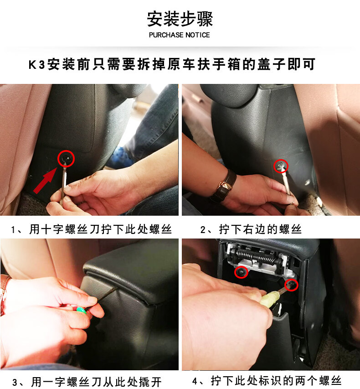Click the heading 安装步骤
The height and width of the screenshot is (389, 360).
[x=180, y=19]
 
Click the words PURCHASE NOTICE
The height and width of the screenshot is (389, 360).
[x=179, y=35]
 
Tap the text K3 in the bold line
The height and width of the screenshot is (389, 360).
[x=37, y=64]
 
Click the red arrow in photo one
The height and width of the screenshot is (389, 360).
[x=45, y=181]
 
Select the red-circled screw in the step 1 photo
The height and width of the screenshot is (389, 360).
[x=66, y=159]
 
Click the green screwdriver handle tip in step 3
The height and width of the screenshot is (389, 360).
[x=81, y=310]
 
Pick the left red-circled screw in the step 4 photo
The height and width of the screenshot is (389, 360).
[x=241, y=272]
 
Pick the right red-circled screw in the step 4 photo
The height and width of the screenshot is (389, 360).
[x=291, y=285]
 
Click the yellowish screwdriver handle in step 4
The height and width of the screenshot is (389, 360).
[x=270, y=298]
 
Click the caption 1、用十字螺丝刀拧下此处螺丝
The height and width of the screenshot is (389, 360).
[x=92, y=229]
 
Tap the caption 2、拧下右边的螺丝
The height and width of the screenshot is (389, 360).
[x=251, y=229]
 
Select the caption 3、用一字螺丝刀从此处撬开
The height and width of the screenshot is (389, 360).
[x=87, y=382]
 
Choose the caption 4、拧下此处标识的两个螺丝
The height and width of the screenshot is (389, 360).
[x=267, y=381]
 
